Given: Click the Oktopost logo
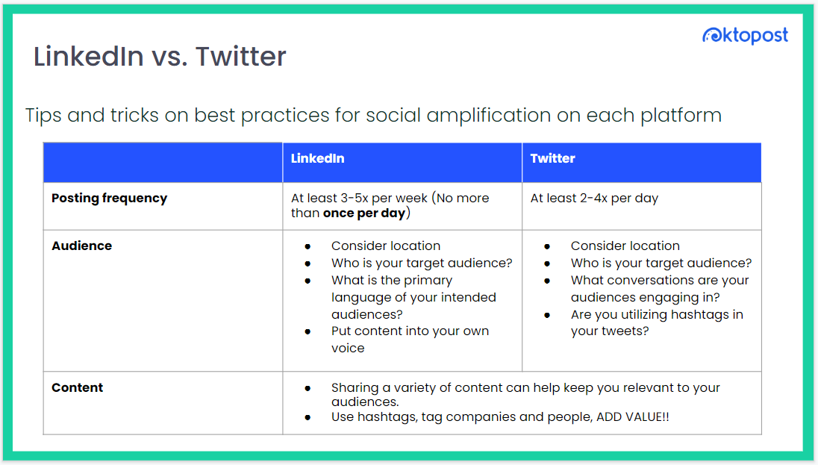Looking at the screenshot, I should point(744,34).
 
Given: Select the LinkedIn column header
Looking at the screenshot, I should point(317,158).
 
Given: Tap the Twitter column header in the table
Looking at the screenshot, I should point(552,158).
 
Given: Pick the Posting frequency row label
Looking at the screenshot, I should point(109,198).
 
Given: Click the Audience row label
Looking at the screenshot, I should point(81,246).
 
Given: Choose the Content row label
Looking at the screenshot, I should point(77,387).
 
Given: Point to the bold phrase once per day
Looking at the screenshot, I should point(363,213).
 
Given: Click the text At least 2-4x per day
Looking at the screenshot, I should point(594,198).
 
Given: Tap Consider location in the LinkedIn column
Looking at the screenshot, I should point(386,246).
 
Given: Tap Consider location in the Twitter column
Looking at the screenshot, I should point(625,246).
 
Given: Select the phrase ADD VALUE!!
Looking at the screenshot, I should point(633,417).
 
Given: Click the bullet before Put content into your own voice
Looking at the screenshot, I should point(307,331).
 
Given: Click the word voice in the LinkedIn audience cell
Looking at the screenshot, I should point(348,348).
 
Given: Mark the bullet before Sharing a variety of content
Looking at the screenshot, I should point(307,388).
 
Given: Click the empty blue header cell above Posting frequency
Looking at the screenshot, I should point(163,162).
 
